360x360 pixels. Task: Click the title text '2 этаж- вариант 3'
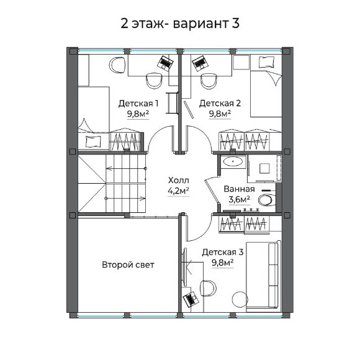[x=180, y=23]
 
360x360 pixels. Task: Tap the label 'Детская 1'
[x=138, y=103]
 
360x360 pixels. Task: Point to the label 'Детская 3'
[x=223, y=253]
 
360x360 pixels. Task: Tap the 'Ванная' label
[x=239, y=189]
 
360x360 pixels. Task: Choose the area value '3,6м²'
[x=239, y=200]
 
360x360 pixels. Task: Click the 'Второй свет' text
[x=128, y=265]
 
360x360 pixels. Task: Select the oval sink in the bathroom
[x=234, y=162]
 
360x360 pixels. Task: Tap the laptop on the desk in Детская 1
[x=165, y=62]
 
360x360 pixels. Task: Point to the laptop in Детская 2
[x=199, y=63]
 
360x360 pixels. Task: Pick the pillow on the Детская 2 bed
[x=267, y=61]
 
